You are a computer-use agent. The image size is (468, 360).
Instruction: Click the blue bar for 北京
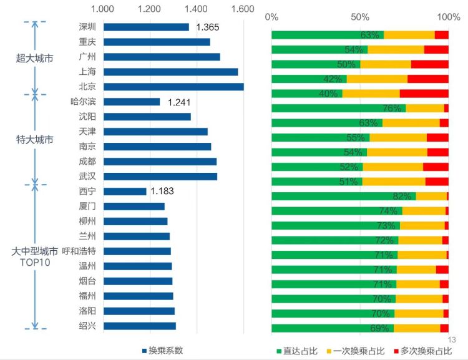coord(173,87)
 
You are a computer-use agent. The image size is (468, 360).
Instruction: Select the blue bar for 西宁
coord(125,191)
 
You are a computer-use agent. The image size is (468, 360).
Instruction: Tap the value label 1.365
coord(207,27)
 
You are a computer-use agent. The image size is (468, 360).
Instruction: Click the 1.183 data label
coord(163,191)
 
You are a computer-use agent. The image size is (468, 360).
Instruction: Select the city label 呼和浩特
coord(79,251)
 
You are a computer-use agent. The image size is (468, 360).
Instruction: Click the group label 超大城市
coord(34,59)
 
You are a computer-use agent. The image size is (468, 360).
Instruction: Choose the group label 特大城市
coord(34,139)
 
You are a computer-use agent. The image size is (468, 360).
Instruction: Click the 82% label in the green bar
coord(401,197)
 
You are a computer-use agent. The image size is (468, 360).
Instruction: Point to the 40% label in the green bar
coord(328,94)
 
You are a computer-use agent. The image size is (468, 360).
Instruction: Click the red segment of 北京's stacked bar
coord(424,94)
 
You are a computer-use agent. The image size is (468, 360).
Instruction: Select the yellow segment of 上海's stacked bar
coord(377,79)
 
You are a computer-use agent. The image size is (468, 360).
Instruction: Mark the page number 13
coord(452,339)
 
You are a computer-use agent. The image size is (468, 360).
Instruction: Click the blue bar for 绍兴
coord(140,326)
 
